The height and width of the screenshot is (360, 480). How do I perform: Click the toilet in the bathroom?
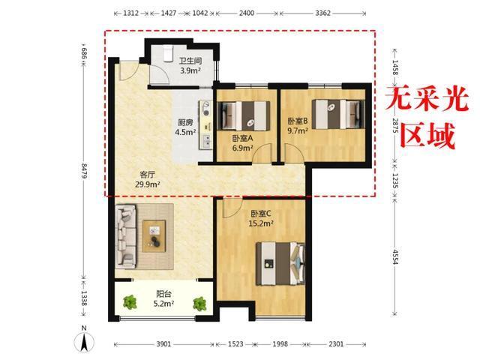pyautogui.click(x=168, y=53)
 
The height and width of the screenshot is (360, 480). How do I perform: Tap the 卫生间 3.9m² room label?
pyautogui.click(x=190, y=65)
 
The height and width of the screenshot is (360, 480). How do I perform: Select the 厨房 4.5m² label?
pyautogui.click(x=185, y=127)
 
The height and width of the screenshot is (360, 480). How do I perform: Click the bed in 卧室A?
pyautogui.click(x=244, y=115)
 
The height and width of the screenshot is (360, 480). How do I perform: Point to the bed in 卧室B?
pyautogui.click(x=338, y=114)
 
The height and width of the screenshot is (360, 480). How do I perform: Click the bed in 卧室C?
pyautogui.click(x=280, y=264)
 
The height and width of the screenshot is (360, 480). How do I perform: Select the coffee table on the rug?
pyautogui.click(x=154, y=236)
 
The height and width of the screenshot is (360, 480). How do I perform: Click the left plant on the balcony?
pyautogui.click(x=130, y=302)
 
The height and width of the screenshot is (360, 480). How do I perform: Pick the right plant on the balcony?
pyautogui.click(x=199, y=303)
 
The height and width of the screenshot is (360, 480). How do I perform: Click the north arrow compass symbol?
pyautogui.click(x=84, y=339)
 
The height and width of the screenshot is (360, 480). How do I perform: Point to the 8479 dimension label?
pyautogui.click(x=84, y=172)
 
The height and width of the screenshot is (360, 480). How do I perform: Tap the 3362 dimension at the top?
pyautogui.click(x=323, y=13)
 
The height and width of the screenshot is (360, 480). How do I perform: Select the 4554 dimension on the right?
pyautogui.click(x=395, y=256)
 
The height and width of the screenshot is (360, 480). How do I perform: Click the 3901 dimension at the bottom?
pyautogui.click(x=163, y=344)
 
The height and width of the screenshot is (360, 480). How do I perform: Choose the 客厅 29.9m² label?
pyautogui.click(x=148, y=179)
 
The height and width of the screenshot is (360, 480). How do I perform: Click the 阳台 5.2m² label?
pyautogui.click(x=163, y=298)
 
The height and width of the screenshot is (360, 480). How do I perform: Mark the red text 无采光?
pyautogui.click(x=427, y=98)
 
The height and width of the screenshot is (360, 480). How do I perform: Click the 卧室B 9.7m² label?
pyautogui.click(x=298, y=126)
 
